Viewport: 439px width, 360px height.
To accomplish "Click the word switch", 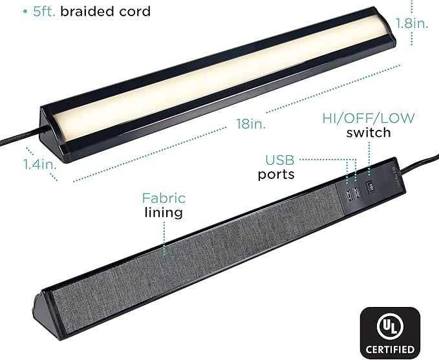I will click(369, 133).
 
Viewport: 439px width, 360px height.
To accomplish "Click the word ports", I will click(277, 175).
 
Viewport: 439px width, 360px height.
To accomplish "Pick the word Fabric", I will click(164, 198).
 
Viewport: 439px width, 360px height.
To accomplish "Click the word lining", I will click(164, 213).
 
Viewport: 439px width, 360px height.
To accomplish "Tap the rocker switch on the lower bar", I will click(372, 189).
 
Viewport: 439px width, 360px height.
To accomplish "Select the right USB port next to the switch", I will click(356, 191).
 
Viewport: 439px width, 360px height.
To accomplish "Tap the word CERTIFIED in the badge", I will click(389, 349).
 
